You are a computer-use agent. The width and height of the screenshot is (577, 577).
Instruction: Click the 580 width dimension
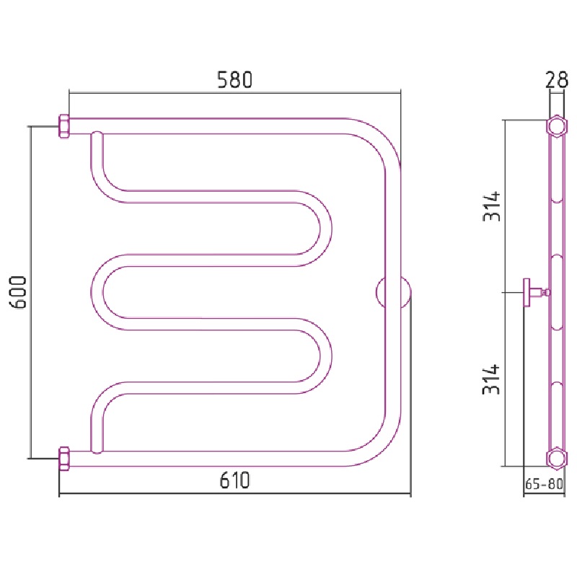point(235,80)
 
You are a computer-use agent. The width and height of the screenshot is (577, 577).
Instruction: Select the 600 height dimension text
point(18,292)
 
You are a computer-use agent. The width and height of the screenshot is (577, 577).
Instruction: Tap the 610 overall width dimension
point(235,480)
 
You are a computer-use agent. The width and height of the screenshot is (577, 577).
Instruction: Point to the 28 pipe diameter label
point(556,79)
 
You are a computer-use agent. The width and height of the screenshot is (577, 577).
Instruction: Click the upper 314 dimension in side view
point(492,206)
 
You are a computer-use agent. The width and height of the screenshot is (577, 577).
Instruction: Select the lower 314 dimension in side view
point(492,379)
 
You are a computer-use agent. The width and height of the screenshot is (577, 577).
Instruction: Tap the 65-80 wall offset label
point(544,484)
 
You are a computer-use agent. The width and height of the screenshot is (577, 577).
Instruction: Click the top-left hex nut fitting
point(64,127)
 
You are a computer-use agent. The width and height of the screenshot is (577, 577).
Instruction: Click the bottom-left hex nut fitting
point(64,459)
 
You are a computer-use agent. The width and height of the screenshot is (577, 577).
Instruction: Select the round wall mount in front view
point(393,293)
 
